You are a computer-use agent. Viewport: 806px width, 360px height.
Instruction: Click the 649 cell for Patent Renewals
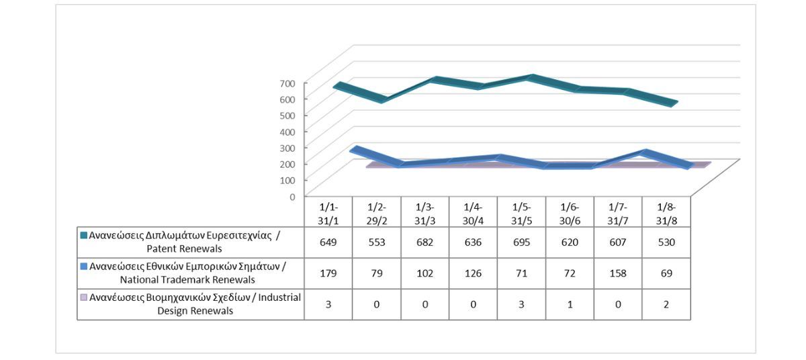(x=328, y=242)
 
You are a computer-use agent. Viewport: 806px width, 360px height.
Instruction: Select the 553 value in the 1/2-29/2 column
(x=377, y=242)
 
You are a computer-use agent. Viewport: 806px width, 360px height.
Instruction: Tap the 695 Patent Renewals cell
(x=522, y=242)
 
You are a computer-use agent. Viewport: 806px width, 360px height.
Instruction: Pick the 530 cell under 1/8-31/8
(x=666, y=242)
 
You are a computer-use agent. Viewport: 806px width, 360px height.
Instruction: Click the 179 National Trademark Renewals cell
(x=328, y=273)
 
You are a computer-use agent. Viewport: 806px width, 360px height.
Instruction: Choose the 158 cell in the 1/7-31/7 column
(x=618, y=273)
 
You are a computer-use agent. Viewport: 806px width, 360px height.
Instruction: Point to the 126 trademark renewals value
(x=474, y=273)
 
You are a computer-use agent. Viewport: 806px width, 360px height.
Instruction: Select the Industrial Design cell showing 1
(x=570, y=304)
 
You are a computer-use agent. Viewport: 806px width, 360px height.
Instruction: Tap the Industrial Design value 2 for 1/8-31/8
(x=666, y=304)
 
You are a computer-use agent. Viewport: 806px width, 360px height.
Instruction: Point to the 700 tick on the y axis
(x=288, y=83)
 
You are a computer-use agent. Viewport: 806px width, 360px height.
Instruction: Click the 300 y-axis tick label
(x=288, y=147)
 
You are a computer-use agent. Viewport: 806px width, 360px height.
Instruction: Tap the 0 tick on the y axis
(x=293, y=196)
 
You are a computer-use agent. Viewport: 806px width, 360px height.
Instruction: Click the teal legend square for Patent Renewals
(x=84, y=236)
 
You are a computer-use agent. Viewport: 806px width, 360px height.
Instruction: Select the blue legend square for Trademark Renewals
(x=84, y=267)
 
